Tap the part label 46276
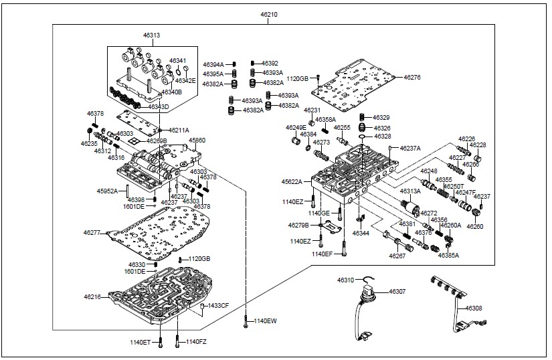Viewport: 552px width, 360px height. [412, 78]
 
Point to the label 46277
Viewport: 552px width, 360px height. [92, 232]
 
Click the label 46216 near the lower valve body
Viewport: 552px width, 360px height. [92, 296]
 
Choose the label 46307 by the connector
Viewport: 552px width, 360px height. [397, 292]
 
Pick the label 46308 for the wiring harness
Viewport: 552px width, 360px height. [474, 308]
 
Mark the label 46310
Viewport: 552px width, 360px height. [345, 280]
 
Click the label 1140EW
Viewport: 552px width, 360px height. [266, 322]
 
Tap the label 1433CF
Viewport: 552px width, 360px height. [219, 305]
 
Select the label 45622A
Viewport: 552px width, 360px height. [292, 181]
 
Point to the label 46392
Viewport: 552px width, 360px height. [270, 63]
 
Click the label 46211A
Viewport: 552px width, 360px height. [179, 130]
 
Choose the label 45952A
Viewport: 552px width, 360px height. [106, 191]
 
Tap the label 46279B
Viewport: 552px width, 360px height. [298, 226]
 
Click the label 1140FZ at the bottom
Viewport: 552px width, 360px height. [197, 342]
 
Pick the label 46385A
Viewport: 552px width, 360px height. [448, 255]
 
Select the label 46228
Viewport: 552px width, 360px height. [478, 145]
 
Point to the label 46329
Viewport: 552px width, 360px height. [381, 118]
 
